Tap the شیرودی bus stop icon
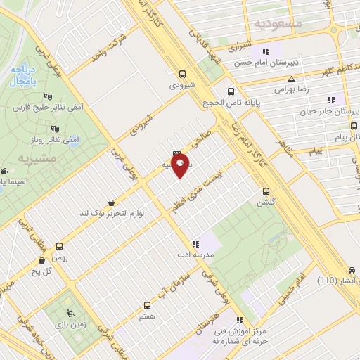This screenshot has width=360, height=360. [183, 74]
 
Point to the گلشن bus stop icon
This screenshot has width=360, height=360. [266, 191]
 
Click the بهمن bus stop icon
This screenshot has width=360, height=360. [59, 247]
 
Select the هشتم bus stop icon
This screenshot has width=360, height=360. [148, 306]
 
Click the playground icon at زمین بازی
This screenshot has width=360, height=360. [69, 314]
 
